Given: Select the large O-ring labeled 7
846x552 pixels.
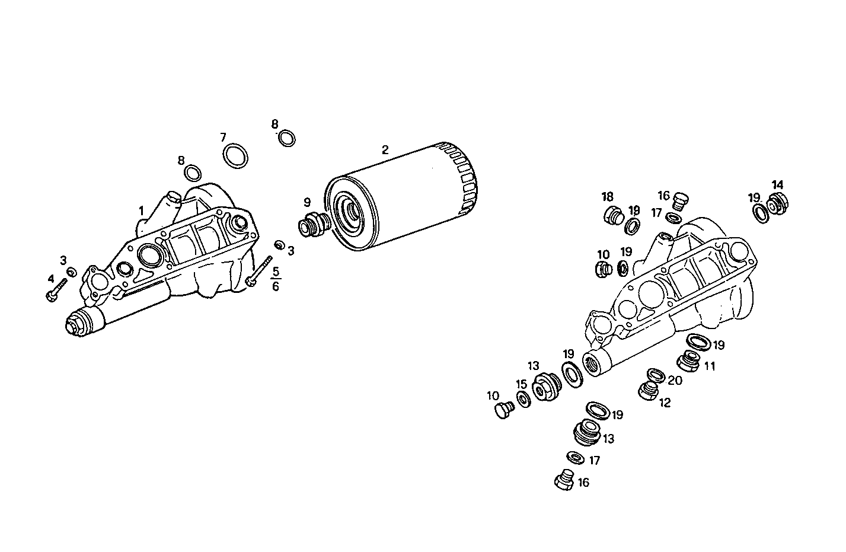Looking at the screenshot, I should pos(235,155).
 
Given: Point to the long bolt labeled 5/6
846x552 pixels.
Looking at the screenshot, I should pos(259,272).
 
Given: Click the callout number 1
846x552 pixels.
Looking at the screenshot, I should pos(141,210).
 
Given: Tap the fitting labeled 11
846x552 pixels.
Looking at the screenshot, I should pos(689,359).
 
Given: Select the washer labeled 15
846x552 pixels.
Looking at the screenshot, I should pos(523,400).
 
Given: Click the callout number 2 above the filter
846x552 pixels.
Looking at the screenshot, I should pos(385,150).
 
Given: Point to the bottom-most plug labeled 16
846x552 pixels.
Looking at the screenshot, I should pos(564,480).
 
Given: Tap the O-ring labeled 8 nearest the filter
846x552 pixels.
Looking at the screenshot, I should pos(286,139).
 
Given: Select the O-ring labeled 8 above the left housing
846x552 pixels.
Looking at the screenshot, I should pos(193,173).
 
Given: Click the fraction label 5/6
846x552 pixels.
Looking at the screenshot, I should pos(275,279).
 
